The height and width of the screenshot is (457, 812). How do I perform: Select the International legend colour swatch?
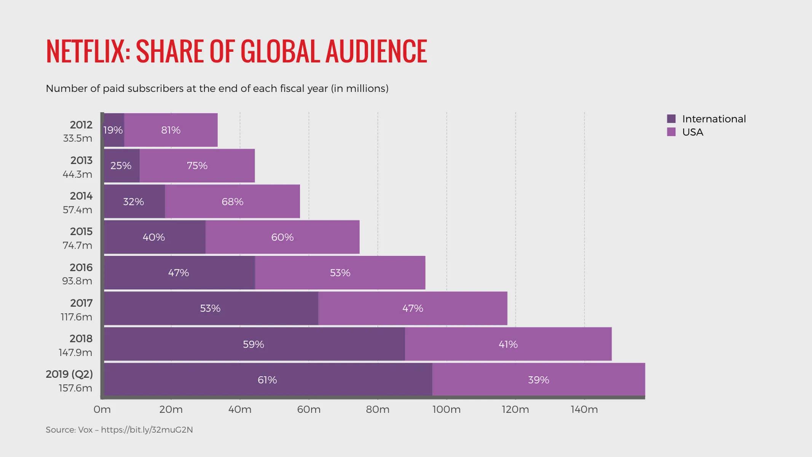tap(671, 119)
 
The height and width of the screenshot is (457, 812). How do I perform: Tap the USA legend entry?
tap(692, 132)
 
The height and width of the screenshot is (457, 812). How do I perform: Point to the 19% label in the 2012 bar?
tap(113, 130)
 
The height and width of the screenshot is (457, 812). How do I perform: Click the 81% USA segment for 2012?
tap(171, 130)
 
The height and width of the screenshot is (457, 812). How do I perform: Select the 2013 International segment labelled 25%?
tap(121, 166)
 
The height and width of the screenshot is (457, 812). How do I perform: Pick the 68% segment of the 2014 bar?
tap(232, 201)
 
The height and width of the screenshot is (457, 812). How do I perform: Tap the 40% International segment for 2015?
tap(154, 237)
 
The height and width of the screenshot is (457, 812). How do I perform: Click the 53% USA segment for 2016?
tap(340, 273)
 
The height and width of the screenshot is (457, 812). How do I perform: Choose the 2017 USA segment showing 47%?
tap(413, 308)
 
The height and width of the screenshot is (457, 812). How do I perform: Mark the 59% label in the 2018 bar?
tap(254, 344)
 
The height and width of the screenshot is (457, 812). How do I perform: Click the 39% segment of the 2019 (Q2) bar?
tap(538, 380)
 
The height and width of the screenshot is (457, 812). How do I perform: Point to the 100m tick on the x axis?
tap(447, 409)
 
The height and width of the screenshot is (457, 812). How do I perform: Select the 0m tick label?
tap(102, 409)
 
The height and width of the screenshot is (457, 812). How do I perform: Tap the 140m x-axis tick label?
tap(584, 409)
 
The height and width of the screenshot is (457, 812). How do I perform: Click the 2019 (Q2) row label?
tap(69, 374)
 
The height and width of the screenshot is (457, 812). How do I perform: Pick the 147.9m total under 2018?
tap(75, 353)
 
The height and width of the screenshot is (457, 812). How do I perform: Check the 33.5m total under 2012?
tap(78, 138)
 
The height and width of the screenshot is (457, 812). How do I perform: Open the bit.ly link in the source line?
tap(147, 430)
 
